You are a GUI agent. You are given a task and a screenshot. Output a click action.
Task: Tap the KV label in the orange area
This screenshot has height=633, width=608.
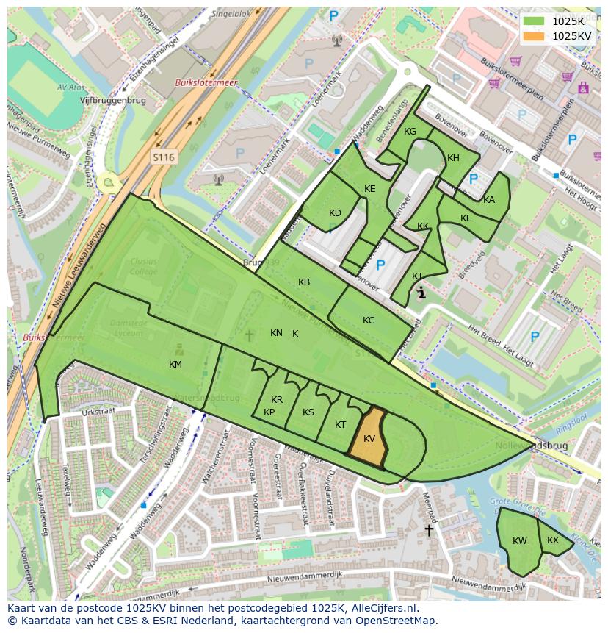point(369,439)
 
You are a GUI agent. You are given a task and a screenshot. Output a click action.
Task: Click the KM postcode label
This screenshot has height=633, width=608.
point(175,364)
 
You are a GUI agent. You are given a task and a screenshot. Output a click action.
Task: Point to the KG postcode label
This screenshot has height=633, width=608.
point(410,132)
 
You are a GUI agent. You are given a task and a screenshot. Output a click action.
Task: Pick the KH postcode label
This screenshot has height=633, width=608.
point(453,158)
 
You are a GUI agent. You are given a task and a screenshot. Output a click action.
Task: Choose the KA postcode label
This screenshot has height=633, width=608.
point(489,200)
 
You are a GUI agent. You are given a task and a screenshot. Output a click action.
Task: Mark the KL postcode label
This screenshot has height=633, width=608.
point(466,218)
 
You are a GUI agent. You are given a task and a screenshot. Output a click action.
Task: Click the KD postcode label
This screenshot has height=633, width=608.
point(335,213)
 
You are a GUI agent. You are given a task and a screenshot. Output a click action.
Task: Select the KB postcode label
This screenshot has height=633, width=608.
point(304,282)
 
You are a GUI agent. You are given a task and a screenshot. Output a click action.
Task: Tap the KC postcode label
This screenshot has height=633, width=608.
point(369,321)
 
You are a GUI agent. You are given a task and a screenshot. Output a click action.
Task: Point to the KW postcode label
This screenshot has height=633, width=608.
point(520,541)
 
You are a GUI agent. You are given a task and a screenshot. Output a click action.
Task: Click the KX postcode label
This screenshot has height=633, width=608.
point(553,540)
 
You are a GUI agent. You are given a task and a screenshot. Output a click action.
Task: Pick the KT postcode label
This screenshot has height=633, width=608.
point(340,425)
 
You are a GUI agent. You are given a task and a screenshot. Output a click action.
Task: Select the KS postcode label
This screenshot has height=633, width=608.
point(308,412)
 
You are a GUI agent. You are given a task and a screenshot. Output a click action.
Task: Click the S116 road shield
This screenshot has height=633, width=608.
point(164,157)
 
